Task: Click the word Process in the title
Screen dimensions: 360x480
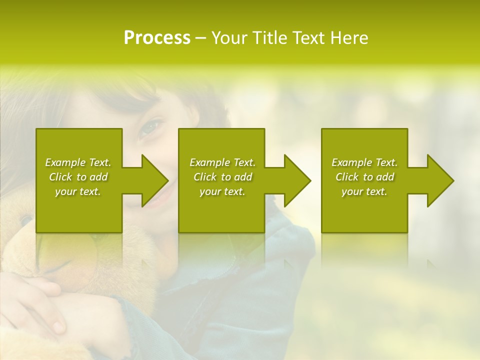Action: coord(157,38)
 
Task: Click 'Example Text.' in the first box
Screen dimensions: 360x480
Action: coord(78,162)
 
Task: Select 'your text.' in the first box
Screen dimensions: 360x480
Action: coord(78,191)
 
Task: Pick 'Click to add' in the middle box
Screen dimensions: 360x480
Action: coord(222,177)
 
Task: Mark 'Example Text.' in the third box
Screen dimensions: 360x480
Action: coord(364,162)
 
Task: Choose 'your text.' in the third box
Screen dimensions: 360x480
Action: coord(364,191)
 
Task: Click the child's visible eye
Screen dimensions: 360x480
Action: coord(149,128)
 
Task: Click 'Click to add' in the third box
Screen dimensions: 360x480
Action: coord(364,177)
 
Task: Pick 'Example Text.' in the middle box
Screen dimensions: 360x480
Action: coord(222,162)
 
